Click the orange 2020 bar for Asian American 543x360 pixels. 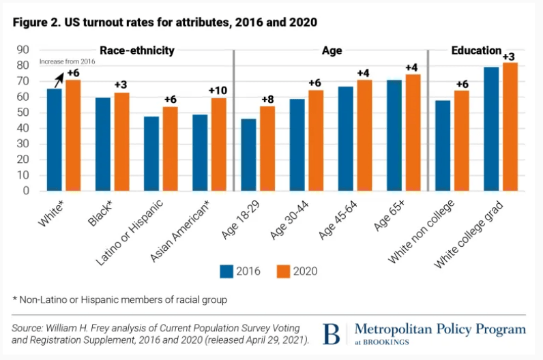tap(219, 145)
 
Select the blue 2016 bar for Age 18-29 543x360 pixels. tap(249, 155)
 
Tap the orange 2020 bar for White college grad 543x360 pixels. tap(510, 127)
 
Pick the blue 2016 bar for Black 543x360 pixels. tap(103, 144)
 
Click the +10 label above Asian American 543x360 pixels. tap(218, 91)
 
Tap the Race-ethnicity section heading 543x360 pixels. tap(137, 50)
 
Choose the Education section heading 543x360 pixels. tap(476, 50)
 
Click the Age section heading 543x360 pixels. tap(332, 50)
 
